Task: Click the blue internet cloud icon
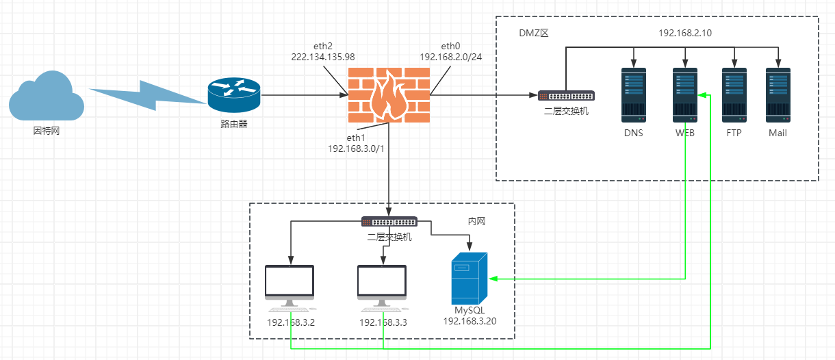tap(46, 98)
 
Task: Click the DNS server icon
tap(633, 94)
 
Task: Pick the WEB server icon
tap(684, 94)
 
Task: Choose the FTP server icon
tap(734, 94)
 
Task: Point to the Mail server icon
tap(778, 94)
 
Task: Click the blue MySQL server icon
tap(470, 278)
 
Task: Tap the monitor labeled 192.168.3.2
tap(290, 287)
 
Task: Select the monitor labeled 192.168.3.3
tap(382, 287)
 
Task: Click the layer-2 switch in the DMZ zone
tap(566, 96)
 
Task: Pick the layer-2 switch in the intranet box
tap(389, 222)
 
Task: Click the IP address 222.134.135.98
tap(323, 57)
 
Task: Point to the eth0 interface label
tap(451, 46)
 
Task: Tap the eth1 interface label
tap(357, 138)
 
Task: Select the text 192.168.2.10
tap(684, 32)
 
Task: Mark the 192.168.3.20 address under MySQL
tap(470, 320)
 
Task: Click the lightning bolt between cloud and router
tap(147, 96)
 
